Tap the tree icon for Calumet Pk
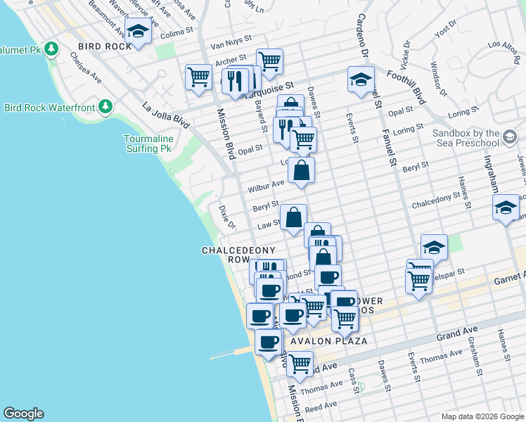click(x=51, y=49)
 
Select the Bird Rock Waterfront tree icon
click(x=105, y=106)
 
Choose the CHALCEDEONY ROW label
click(x=225, y=255)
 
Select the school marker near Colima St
click(x=139, y=32)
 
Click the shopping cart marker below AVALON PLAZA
click(x=300, y=364)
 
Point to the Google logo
click(x=23, y=414)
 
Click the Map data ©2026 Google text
click(x=482, y=416)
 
